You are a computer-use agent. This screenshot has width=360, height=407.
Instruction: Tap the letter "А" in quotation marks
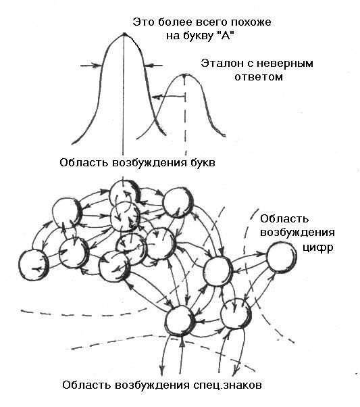[x=224, y=36]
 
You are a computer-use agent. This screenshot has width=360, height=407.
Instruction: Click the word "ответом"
[x=258, y=77]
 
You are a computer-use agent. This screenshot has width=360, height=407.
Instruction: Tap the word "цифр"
[x=318, y=247]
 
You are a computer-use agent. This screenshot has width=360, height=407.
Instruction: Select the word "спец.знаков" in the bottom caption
[x=227, y=385]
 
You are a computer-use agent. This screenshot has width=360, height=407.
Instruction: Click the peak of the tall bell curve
[x=124, y=34]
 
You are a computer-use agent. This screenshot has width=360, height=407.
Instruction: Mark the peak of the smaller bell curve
[x=184, y=75]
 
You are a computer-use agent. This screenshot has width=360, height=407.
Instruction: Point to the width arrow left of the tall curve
[x=91, y=66]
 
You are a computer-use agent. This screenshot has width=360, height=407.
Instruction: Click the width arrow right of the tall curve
[x=153, y=66]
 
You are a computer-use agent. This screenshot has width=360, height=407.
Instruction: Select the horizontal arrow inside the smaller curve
[x=169, y=97]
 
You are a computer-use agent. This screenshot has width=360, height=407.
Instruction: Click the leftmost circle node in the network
[x=34, y=265]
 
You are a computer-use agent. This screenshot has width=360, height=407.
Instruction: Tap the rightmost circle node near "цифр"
[x=282, y=257]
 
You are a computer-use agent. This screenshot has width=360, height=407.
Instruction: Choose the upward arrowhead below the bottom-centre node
[x=182, y=343]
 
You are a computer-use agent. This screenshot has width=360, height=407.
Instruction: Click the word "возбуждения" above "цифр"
[x=297, y=233]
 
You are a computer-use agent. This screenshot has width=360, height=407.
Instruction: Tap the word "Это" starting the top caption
[x=142, y=22]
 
